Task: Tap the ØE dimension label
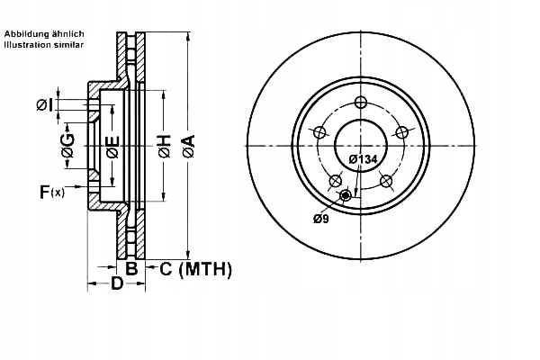coord(112,145)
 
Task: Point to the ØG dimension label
coord(67,144)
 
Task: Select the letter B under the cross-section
coord(130,268)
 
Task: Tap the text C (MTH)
coord(195,268)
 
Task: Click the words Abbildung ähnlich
coord(43,33)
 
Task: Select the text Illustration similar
coord(43,43)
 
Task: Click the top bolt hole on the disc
coord(361,101)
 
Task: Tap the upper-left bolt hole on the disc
coord(319,131)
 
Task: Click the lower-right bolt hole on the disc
coord(387,181)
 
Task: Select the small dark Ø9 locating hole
coord(346,195)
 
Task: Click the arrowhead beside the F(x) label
coord(83,190)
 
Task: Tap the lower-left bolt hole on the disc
coord(335,181)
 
